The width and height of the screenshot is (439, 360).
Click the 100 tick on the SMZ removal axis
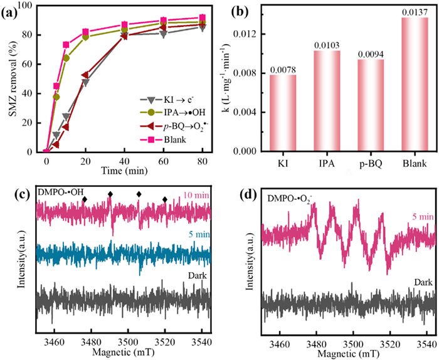(x=31, y=6)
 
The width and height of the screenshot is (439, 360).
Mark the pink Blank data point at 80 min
(x=201, y=18)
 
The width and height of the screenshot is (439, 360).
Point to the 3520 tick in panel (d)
(x=389, y=344)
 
